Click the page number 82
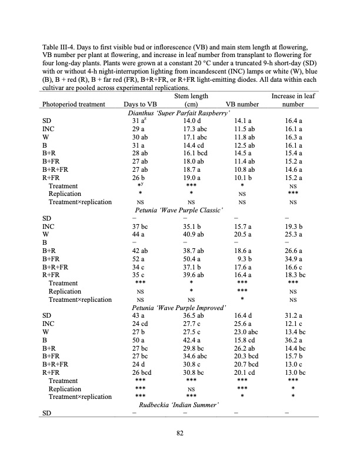click(x=180, y=434)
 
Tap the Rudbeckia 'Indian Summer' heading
click(x=179, y=405)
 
